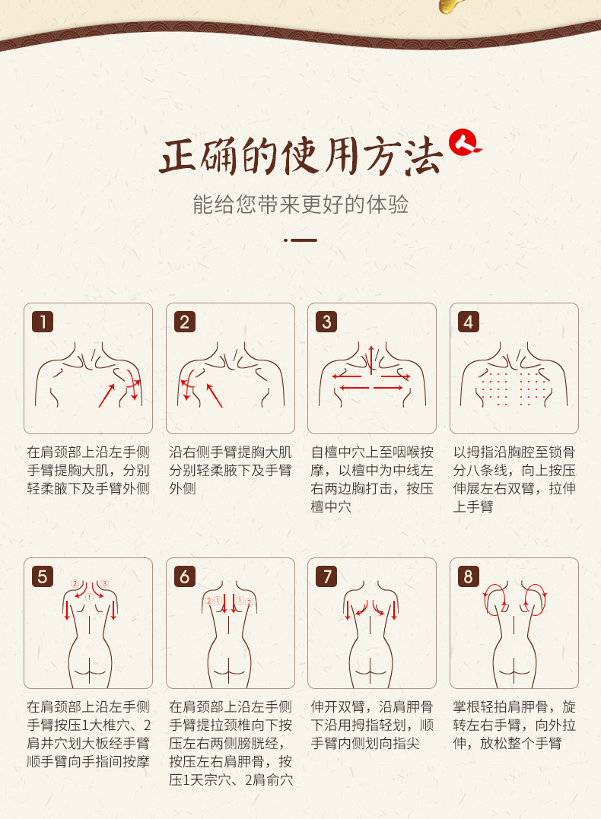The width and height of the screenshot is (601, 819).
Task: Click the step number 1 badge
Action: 43,322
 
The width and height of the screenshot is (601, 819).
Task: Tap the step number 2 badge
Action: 185,322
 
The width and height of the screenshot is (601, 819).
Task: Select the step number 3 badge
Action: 326,322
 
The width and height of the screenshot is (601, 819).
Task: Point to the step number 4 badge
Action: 469,322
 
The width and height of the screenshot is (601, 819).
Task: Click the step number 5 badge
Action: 43,576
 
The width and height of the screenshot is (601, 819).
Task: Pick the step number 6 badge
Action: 185,576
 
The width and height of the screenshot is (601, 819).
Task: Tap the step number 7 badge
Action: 326,576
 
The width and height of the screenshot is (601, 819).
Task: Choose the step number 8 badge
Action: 469,576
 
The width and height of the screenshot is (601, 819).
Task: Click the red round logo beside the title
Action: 464,143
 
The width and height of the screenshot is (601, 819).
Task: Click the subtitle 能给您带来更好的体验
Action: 300,205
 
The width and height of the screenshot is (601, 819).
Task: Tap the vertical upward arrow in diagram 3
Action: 371,360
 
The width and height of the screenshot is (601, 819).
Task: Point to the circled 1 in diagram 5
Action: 89,597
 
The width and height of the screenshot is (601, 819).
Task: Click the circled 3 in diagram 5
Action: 104,583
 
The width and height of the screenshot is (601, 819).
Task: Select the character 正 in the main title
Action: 178,156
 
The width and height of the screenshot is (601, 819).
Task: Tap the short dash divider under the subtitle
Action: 300,240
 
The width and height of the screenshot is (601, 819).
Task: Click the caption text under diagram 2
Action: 230,470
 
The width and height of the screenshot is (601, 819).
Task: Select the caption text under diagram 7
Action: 372,725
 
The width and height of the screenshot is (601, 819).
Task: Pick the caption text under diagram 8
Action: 514,725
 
